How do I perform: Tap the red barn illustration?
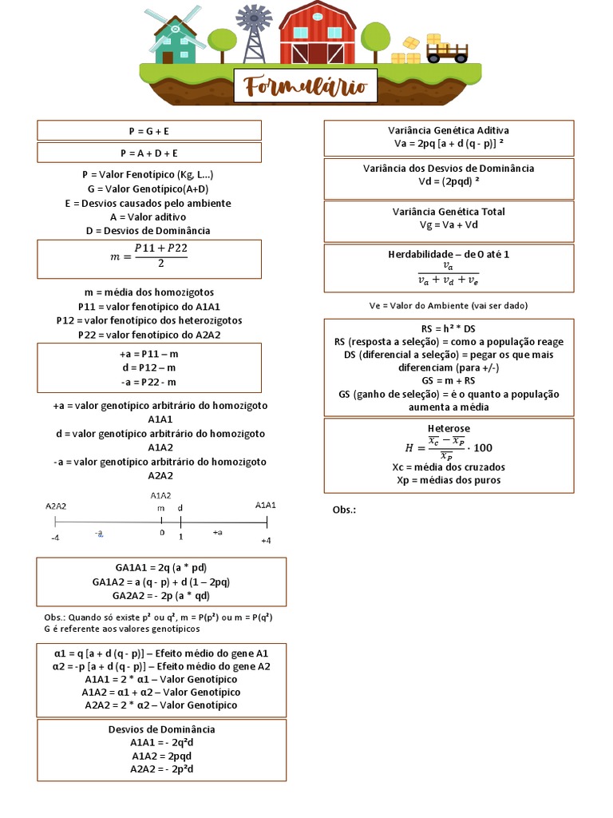318,34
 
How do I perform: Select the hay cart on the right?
446,51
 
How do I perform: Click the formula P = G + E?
149,130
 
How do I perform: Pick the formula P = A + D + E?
149,153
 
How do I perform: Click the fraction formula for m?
149,257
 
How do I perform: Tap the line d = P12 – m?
149,368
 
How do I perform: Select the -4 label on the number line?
55,538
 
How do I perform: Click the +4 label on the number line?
267,541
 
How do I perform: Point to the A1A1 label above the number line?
266,505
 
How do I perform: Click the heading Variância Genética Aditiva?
449,130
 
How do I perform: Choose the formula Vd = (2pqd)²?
449,181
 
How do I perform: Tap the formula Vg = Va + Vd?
449,225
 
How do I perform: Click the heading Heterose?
449,428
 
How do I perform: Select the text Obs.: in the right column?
344,510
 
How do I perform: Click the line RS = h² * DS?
449,328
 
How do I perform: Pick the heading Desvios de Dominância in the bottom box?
162,729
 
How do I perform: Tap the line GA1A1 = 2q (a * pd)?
162,567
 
